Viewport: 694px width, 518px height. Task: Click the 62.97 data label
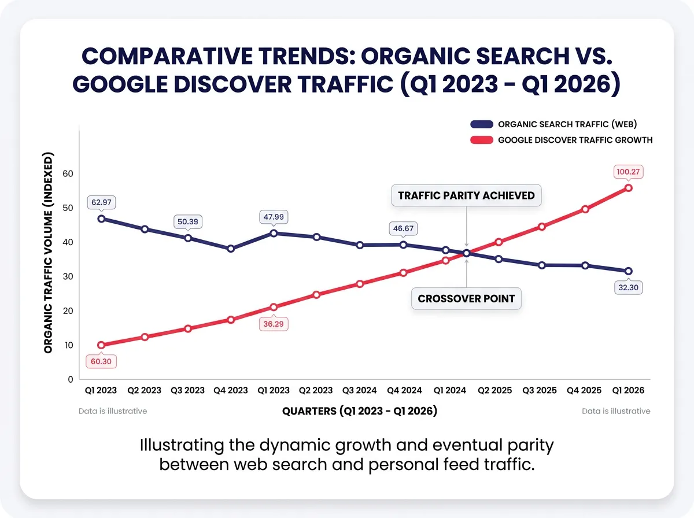point(101,202)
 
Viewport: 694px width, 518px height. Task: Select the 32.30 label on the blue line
point(628,287)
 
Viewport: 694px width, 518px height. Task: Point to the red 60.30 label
point(101,362)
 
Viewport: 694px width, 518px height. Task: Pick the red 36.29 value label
point(274,324)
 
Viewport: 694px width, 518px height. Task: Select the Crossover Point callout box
point(466,299)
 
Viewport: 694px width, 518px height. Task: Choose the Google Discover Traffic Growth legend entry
point(561,140)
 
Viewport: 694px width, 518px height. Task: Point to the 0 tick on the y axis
point(71,379)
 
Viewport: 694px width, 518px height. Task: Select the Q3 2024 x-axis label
point(360,390)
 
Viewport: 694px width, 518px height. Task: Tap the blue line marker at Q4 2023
point(231,249)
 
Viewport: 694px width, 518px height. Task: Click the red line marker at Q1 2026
point(629,188)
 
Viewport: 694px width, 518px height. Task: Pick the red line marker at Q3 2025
point(542,227)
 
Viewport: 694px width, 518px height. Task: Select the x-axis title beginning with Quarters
point(359,411)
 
